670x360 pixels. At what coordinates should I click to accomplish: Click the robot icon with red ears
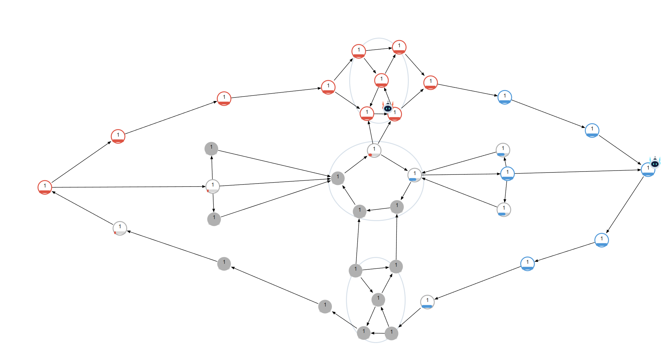point(388,107)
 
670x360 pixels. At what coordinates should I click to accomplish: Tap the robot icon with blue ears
point(655,162)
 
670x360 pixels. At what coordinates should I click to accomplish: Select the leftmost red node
point(45,187)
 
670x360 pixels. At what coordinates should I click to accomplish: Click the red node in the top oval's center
point(381,80)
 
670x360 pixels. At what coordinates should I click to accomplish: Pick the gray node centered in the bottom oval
point(378,299)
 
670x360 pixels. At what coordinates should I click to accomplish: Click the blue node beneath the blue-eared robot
point(648,170)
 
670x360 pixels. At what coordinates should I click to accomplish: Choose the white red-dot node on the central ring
point(374,150)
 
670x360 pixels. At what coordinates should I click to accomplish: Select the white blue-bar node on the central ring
point(414,175)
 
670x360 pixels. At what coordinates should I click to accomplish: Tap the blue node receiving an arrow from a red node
point(505,97)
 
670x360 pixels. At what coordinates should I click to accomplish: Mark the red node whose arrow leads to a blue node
point(430,82)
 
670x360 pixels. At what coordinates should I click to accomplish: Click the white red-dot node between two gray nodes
point(213,186)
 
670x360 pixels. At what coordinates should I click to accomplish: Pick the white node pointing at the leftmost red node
point(120,228)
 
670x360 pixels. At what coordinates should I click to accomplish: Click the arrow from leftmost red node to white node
point(129,187)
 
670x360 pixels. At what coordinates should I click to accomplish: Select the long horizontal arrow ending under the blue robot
point(578,172)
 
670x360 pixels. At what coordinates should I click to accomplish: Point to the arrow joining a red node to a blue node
point(468,90)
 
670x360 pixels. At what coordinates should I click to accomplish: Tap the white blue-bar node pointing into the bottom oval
point(427,302)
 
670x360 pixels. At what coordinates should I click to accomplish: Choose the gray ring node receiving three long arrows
point(338,178)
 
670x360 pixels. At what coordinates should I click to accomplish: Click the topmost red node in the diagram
point(399,47)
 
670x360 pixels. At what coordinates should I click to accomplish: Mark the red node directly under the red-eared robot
point(395,114)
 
